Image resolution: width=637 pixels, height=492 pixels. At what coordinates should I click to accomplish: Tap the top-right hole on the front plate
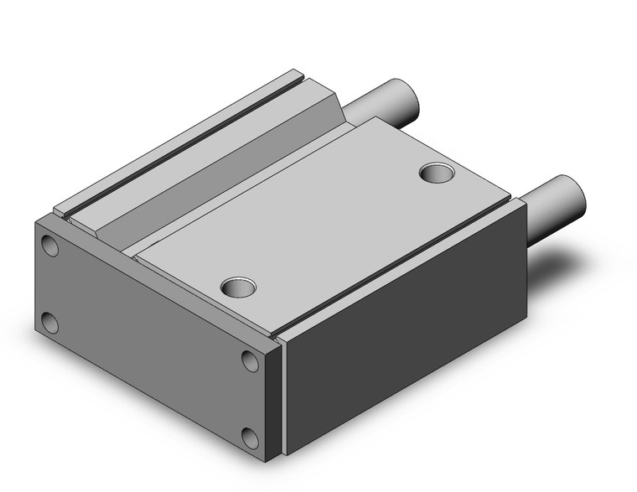[x=249, y=360]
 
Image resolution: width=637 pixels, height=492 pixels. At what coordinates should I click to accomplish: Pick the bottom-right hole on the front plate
[x=249, y=438]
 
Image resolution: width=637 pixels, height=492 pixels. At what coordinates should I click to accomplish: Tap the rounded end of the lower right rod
[x=575, y=194]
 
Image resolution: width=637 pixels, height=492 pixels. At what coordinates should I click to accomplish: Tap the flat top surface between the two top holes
[x=335, y=226]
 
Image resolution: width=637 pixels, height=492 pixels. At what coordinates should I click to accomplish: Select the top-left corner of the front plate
[x=37, y=220]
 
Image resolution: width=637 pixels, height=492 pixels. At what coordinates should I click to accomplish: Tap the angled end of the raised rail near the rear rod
[x=335, y=109]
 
